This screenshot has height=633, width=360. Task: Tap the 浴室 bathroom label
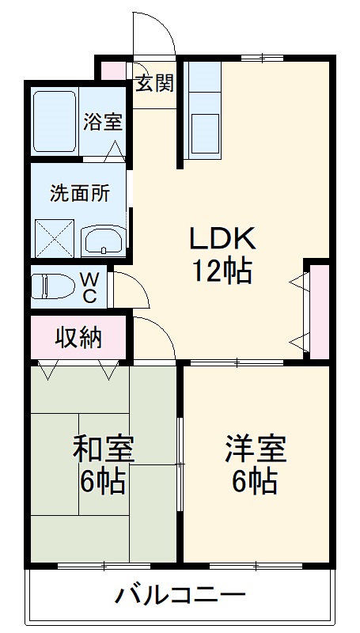[x=103, y=123]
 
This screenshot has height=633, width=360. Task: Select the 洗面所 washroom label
[x=79, y=192]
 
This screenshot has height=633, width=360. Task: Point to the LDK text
[x=221, y=237]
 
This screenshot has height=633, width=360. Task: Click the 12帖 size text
[x=221, y=271]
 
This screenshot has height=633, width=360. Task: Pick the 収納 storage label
[x=78, y=338]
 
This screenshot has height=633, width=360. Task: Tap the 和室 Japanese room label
[x=104, y=449]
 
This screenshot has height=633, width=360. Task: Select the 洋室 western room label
[x=254, y=449]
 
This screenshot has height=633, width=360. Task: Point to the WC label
[x=90, y=287]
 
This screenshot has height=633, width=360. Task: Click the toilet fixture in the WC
[x=52, y=286]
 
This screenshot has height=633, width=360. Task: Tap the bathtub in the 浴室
[x=55, y=120]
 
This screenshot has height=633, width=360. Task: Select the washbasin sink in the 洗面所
[x=103, y=238]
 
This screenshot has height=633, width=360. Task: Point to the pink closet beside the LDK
[x=319, y=311]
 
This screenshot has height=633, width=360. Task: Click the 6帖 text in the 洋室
[x=254, y=481]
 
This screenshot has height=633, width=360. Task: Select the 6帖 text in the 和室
[x=104, y=481]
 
